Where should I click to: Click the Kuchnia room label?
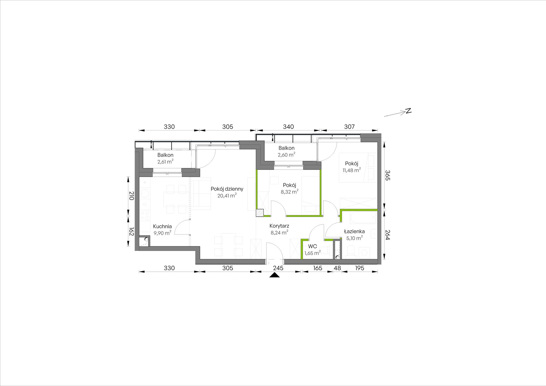pyautogui.click(x=162, y=226)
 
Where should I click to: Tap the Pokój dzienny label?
pyautogui.click(x=227, y=189)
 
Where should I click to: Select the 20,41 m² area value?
pyautogui.click(x=227, y=196)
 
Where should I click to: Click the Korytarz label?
pyautogui.click(x=279, y=226)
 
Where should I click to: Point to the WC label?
pyautogui.click(x=312, y=246)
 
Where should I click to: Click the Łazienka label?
pyautogui.click(x=354, y=231)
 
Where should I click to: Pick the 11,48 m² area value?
pyautogui.click(x=351, y=170)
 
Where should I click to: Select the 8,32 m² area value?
pyautogui.click(x=289, y=192)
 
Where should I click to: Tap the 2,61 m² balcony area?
pyautogui.click(x=165, y=162)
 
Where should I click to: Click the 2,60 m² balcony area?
pyautogui.click(x=286, y=155)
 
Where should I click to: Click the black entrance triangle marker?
pyautogui.click(x=275, y=275)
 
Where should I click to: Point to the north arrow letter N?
pyautogui.click(x=408, y=111)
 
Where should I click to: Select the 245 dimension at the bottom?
pyautogui.click(x=278, y=268)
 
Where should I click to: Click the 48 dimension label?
pyautogui.click(x=337, y=268)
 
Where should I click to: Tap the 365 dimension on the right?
pyautogui.click(x=388, y=175)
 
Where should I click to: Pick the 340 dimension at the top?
pyautogui.click(x=288, y=127)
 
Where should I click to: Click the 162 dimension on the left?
pyautogui.click(x=132, y=231)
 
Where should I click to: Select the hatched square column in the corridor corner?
pyautogui.click(x=260, y=212)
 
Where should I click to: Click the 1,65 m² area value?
pyautogui.click(x=312, y=253)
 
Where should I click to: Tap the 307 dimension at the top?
pyautogui.click(x=349, y=127)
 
